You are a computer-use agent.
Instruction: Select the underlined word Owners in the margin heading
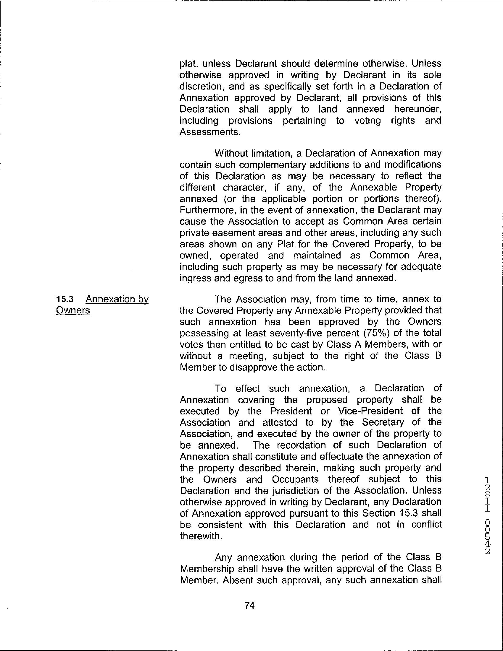pos(73,311)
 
